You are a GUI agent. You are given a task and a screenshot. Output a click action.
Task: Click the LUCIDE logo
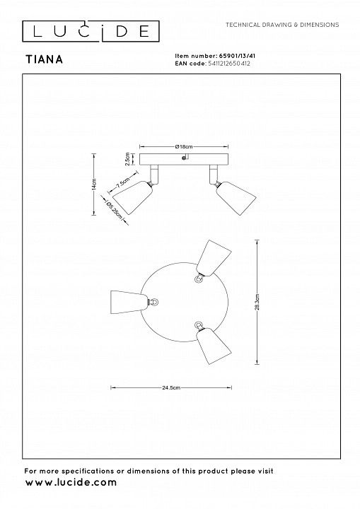point(91,31)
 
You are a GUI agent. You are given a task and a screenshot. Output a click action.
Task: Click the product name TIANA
point(44,59)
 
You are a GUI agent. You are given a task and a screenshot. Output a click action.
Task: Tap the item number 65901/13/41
point(236,56)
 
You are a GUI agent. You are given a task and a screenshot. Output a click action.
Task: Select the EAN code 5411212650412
point(228,64)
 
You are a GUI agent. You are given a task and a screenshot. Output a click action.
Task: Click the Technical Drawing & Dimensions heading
point(282,25)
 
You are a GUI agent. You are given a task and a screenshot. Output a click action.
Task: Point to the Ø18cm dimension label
point(184,147)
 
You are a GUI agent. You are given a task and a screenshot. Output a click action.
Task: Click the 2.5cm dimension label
point(127,159)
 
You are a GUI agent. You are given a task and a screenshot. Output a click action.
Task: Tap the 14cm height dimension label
point(94,184)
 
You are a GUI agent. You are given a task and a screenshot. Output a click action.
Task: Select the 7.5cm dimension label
point(123,182)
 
